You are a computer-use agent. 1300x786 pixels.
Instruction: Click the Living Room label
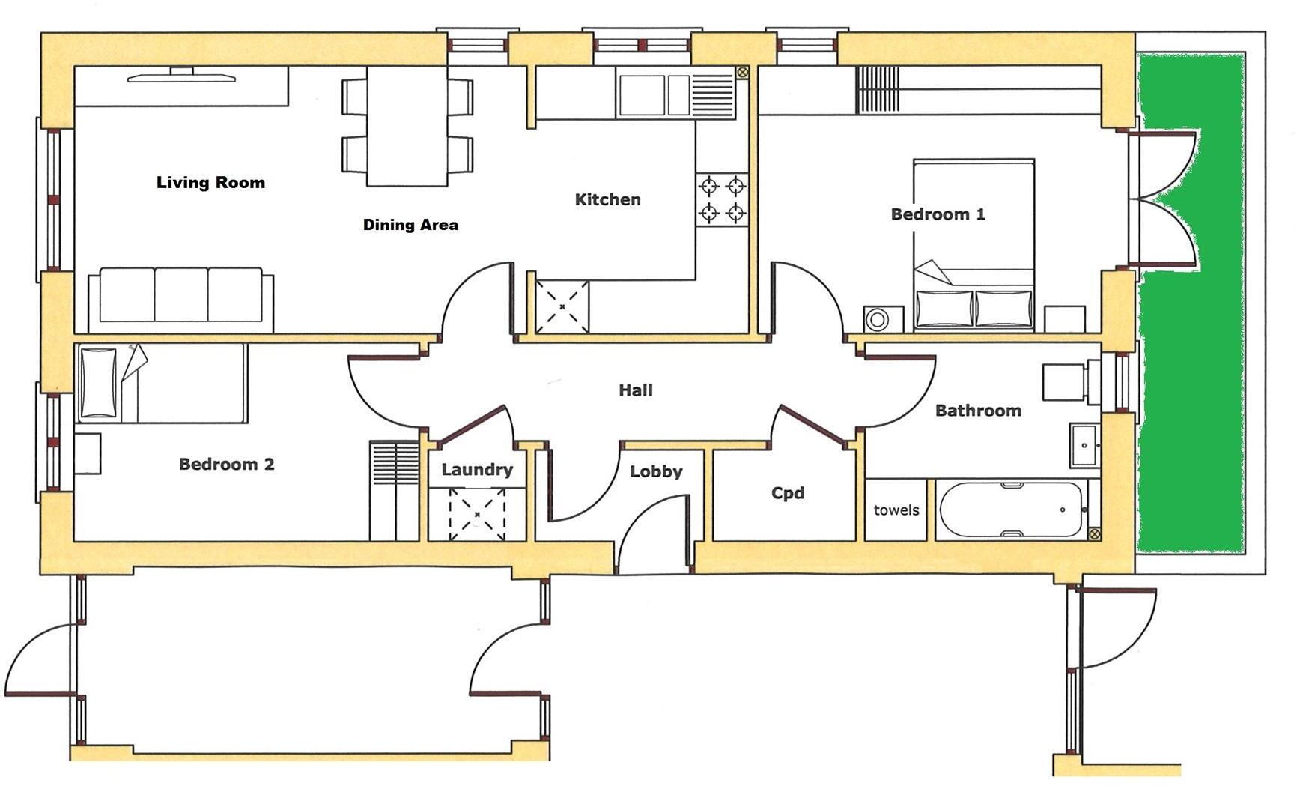point(210,182)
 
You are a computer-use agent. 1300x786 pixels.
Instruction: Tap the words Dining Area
point(410,224)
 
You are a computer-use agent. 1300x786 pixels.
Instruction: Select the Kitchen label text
point(607,199)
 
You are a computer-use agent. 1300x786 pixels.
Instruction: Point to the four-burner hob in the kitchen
point(722,199)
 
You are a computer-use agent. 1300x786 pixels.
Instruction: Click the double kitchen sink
point(654,95)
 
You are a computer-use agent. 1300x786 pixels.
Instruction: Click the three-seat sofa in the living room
point(180,297)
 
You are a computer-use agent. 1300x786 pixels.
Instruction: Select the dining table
point(407,126)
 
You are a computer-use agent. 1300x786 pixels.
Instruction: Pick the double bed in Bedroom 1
point(974,244)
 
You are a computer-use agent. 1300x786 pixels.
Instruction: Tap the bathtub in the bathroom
point(1011,510)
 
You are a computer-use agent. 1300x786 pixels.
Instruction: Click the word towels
point(896,510)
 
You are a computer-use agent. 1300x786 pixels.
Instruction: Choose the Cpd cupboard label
point(788,493)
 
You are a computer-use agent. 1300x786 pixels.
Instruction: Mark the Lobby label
point(656,471)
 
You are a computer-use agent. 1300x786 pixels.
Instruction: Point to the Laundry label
point(477,470)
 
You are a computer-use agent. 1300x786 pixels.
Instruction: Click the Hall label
point(635,390)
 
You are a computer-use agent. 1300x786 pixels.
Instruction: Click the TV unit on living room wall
point(181,76)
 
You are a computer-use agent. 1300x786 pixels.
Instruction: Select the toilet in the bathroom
point(1067,382)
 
